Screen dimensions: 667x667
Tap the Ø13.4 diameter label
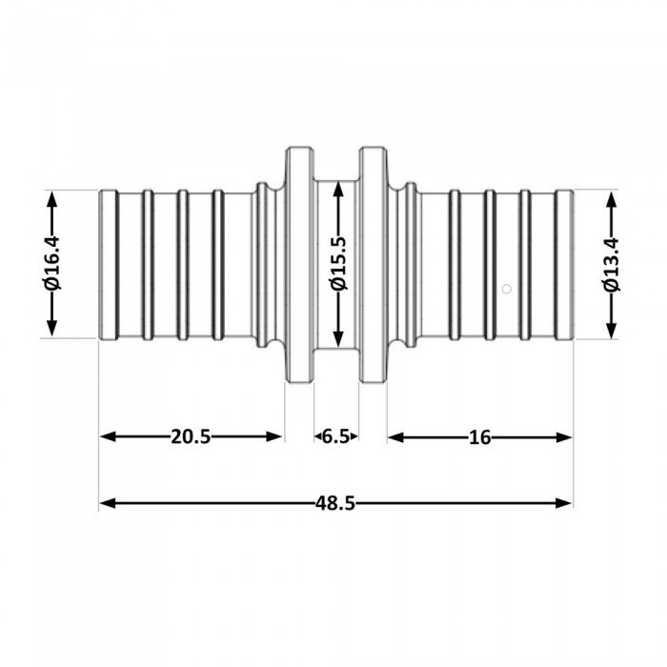tap(611, 264)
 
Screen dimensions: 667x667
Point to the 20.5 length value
tap(191, 436)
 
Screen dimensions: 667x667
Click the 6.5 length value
tap(335, 436)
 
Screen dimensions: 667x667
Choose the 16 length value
tap(479, 436)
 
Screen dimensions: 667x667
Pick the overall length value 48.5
tap(336, 503)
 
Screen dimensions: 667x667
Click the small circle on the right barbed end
tap(508, 288)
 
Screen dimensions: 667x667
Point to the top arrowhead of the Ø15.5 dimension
tap(336, 187)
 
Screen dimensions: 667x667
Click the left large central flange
tap(299, 264)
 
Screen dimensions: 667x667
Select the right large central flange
tap(373, 264)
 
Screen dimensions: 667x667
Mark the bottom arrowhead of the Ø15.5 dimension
tap(336, 342)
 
